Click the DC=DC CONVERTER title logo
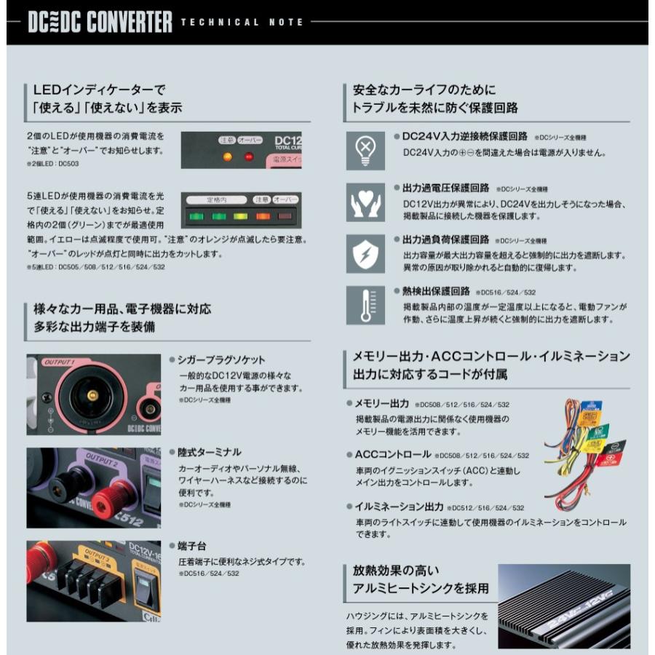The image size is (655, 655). pos(100,22)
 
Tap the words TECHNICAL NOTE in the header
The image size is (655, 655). pos(242,23)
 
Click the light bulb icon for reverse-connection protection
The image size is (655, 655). pos(364,148)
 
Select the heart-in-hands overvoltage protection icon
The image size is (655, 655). pos(364,202)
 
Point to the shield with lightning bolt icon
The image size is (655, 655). pos(364,253)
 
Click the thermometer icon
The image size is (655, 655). pos(364,305)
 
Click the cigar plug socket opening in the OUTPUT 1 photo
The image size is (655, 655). pos(92,393)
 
